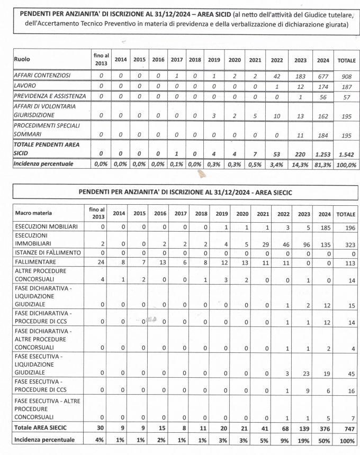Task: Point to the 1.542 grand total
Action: tap(347, 153)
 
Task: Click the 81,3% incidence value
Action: tap(323, 165)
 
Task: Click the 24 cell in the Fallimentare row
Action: tap(95, 261)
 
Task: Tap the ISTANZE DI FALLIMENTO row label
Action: tap(48, 252)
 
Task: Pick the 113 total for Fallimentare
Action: tap(347, 261)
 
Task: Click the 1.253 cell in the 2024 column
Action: tap(323, 153)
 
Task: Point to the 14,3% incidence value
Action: tap(300, 165)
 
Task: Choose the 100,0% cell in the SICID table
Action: tap(347, 165)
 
